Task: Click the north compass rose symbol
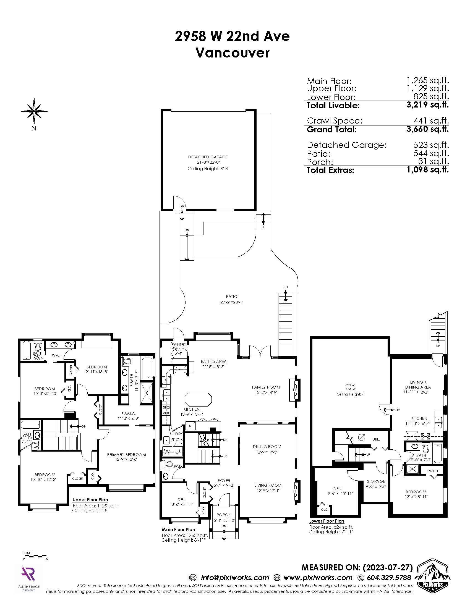tap(34, 111)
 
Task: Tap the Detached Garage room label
tap(208, 157)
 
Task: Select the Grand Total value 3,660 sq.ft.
tap(427, 129)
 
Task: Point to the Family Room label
tap(266, 387)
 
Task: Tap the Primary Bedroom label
tap(126, 455)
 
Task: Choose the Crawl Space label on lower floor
tap(351, 387)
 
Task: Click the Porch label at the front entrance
tap(224, 515)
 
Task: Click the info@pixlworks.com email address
tap(235, 578)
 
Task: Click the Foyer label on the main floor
tap(224, 481)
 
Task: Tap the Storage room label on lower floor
tap(376, 481)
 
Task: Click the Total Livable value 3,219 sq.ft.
tap(427, 105)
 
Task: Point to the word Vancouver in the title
tap(233, 53)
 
